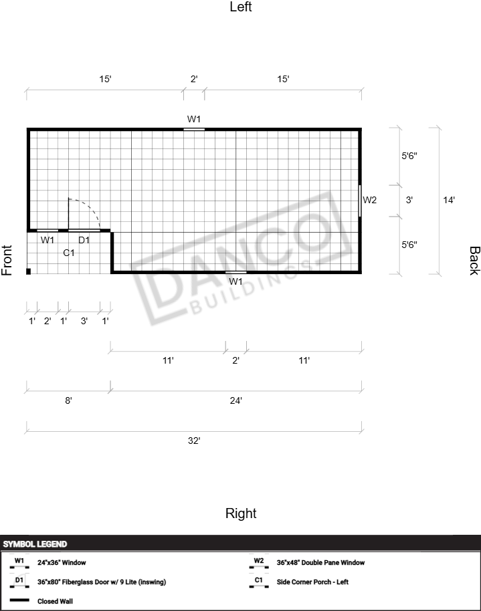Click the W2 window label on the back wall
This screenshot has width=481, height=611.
tap(369, 200)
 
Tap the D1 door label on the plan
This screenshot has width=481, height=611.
tap(84, 240)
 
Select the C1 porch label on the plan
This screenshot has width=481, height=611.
tap(69, 253)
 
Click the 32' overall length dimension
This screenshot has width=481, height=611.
tap(194, 441)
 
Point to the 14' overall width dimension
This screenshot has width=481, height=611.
tap(449, 200)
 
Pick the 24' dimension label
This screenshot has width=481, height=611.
tap(235, 400)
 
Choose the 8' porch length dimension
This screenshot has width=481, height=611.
tap(68, 400)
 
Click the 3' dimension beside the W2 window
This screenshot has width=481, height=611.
tap(409, 200)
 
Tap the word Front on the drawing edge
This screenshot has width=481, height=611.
tap(7, 260)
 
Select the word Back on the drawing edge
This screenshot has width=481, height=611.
tap(474, 261)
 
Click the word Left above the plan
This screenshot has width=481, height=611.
tap(241, 7)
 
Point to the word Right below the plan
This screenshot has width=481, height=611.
tap(241, 513)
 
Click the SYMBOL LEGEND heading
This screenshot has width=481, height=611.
tap(35, 544)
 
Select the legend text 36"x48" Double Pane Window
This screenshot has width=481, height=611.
tap(320, 563)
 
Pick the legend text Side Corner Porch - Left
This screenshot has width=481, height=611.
tap(312, 582)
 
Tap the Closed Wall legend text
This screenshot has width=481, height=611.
tap(55, 601)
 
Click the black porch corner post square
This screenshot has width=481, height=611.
tap(28, 271)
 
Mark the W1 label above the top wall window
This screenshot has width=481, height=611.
tap(194, 119)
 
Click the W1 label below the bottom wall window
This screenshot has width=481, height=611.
tap(235, 281)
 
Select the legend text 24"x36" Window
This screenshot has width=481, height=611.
tap(62, 563)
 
